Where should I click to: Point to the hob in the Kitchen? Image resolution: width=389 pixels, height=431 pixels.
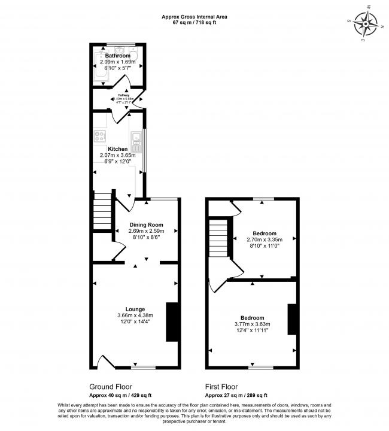tap(99, 136)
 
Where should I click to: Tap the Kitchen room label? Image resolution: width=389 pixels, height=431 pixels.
tap(117, 149)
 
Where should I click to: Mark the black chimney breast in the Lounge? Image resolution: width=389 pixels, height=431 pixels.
tap(172, 321)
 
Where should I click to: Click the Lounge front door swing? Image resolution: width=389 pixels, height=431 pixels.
tap(104, 362)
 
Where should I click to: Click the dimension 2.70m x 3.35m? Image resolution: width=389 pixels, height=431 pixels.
tap(264, 239)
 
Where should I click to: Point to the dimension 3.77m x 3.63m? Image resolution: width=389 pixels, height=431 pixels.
tap(252, 324)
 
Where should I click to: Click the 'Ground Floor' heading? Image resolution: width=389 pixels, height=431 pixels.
tap(111, 387)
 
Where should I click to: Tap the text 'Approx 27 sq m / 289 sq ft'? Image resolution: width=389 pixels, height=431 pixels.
tap(236, 396)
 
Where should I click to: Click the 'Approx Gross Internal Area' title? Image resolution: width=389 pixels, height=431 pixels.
tap(194, 17)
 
